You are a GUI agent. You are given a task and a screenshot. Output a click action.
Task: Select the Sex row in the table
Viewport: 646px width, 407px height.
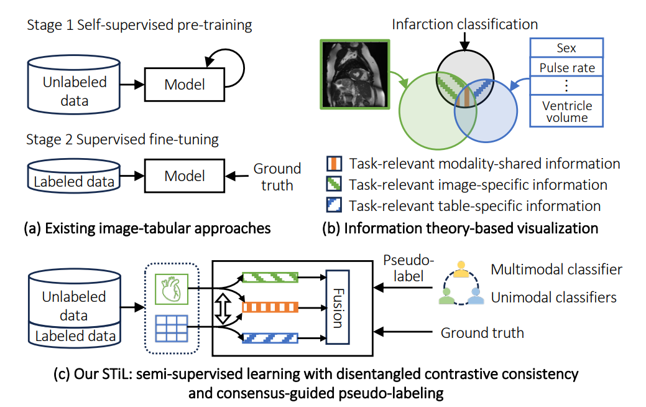566,48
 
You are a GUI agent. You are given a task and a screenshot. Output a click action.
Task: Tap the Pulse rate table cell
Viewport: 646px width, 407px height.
566,67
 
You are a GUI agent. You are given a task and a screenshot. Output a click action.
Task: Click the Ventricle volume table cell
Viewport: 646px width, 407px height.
566,111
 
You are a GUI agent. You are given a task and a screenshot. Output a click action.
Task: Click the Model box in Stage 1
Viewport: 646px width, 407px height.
184,84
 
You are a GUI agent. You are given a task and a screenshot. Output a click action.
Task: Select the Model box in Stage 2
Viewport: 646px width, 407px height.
184,176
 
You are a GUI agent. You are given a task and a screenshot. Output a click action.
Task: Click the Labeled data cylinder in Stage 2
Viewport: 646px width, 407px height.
75,178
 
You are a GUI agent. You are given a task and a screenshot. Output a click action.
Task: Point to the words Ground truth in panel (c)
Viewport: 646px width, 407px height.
482,332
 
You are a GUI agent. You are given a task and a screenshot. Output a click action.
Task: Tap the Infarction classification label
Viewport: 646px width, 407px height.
464,25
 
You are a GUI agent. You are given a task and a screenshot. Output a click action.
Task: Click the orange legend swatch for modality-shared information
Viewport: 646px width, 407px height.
334,164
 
